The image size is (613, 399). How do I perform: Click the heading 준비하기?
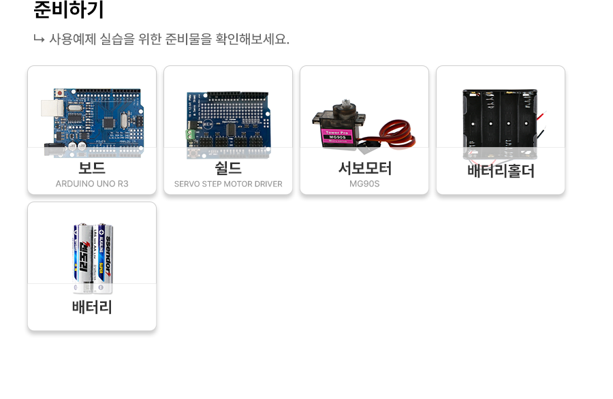(x=69, y=10)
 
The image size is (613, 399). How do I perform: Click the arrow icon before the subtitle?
(x=39, y=39)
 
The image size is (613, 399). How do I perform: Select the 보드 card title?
(x=92, y=167)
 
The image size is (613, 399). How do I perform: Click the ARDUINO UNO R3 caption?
(x=92, y=184)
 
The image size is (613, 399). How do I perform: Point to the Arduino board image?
(x=95, y=119)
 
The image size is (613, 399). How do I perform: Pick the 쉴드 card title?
(x=228, y=167)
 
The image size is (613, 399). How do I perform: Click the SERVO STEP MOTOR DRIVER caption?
(x=228, y=184)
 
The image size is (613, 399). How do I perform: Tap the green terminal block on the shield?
(x=191, y=134)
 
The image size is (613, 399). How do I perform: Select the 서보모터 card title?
(x=364, y=167)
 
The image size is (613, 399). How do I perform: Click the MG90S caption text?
(x=364, y=184)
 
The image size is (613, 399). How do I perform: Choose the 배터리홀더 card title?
(x=501, y=171)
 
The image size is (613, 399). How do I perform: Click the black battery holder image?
(x=500, y=119)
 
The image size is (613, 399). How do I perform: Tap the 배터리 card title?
(x=92, y=307)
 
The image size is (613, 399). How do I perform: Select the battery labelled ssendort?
(x=104, y=255)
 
